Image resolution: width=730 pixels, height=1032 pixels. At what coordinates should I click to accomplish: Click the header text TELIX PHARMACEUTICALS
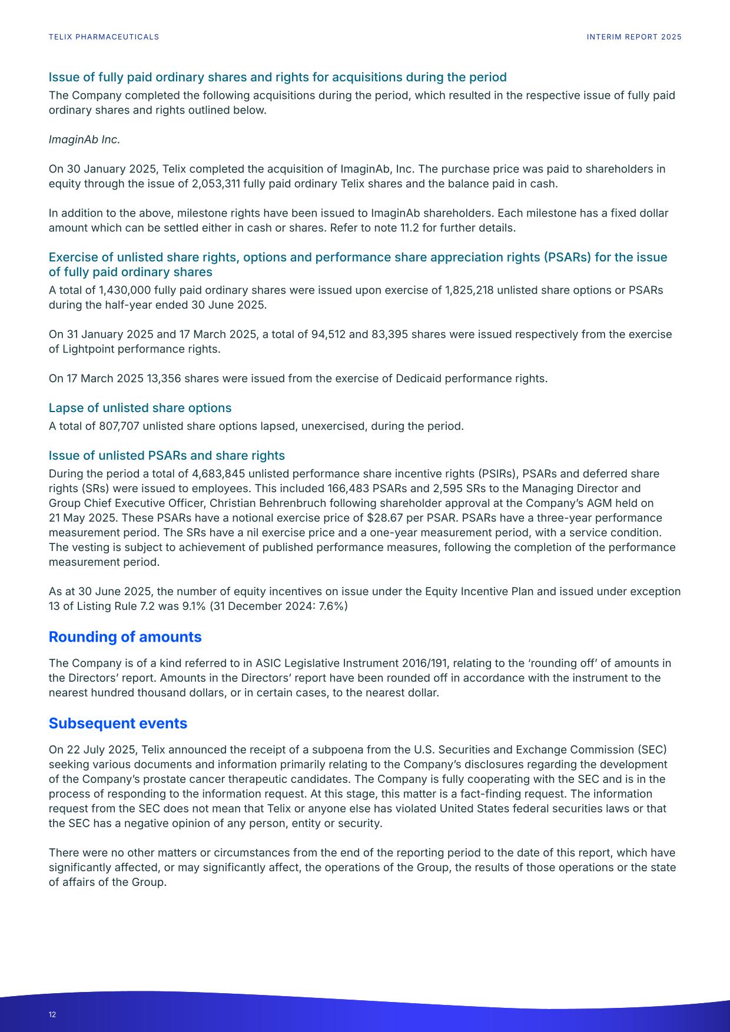(104, 37)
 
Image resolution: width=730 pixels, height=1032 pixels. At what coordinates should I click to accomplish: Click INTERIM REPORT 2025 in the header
(634, 37)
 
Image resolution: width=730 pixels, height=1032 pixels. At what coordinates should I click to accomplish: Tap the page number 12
(52, 1014)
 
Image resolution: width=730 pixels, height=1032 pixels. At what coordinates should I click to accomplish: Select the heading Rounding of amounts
(125, 637)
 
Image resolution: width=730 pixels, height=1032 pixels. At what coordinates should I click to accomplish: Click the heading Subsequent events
(118, 724)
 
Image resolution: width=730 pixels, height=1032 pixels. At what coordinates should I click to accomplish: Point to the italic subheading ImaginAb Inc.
(84, 140)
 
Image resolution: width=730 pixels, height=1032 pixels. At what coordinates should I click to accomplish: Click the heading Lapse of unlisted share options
(140, 408)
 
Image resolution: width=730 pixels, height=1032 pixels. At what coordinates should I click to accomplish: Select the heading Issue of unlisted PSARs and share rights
(167, 456)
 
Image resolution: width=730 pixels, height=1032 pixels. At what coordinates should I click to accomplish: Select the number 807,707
(112, 426)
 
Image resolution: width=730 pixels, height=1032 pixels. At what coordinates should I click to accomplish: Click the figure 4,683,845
(217, 474)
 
